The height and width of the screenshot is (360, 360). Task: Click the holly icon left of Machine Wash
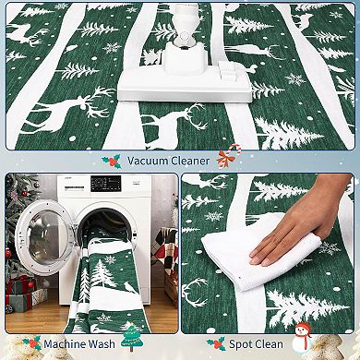30,343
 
